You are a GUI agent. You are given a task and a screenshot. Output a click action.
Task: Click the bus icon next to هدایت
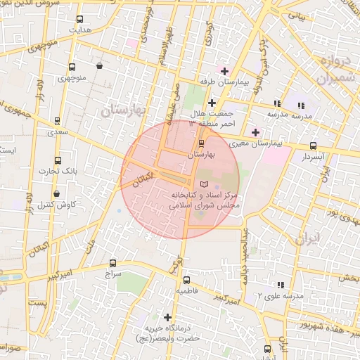pyautogui.click(x=78, y=20)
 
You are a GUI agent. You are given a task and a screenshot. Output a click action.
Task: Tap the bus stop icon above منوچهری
pyautogui.click(x=72, y=68)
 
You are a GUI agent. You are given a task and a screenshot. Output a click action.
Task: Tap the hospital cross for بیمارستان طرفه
pyautogui.click(x=224, y=71)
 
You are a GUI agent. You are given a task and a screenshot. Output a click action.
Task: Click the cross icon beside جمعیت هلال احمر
pyautogui.click(x=211, y=103)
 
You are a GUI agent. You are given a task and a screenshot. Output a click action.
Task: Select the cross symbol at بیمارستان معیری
pyautogui.click(x=255, y=131)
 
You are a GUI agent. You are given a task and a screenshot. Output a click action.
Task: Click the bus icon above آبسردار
pyautogui.click(x=313, y=146)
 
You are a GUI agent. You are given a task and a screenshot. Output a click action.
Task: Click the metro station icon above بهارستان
pyautogui.click(x=202, y=142)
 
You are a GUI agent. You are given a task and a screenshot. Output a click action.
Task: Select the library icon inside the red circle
pyautogui.click(x=205, y=184)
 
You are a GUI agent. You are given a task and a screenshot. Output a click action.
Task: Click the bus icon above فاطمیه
pyautogui.click(x=186, y=279)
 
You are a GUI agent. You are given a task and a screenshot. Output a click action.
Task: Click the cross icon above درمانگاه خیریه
pyautogui.click(x=167, y=317)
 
